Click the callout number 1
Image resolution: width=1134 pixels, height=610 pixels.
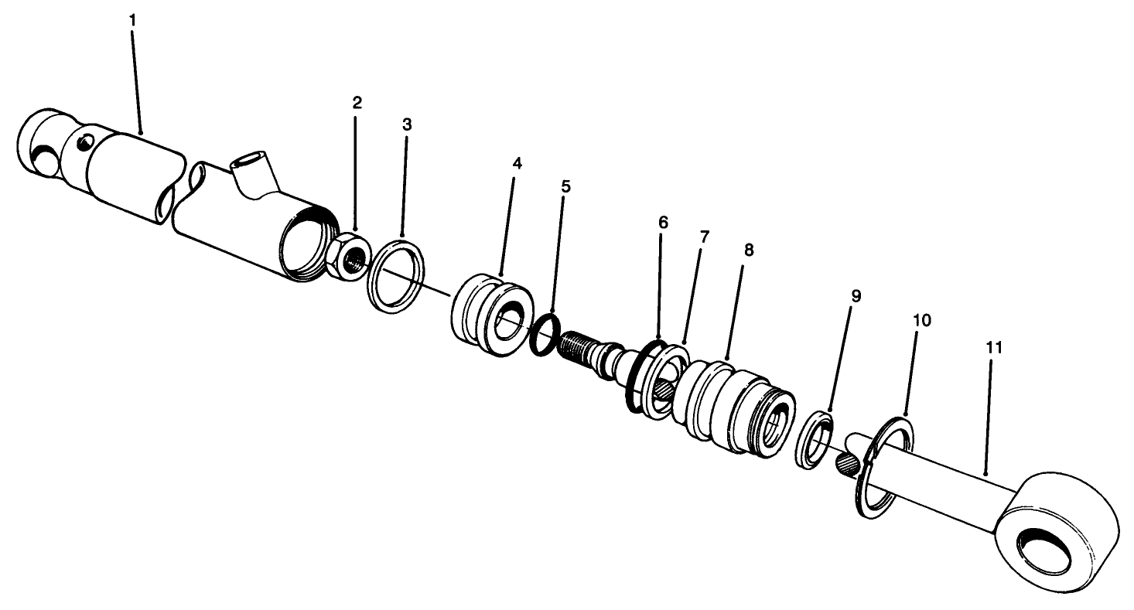pyautogui.click(x=132, y=19)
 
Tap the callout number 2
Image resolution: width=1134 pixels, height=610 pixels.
pyautogui.click(x=357, y=103)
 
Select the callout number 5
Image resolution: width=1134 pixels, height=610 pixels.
pyautogui.click(x=565, y=186)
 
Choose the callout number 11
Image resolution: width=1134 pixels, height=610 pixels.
pyautogui.click(x=994, y=347)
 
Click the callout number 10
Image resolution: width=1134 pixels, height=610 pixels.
pyautogui.click(x=921, y=319)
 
